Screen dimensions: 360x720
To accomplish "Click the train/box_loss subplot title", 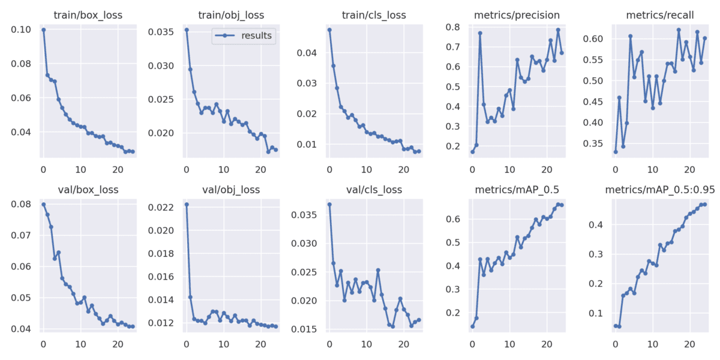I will click(88, 15).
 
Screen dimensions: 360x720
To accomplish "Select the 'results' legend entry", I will click(256, 36).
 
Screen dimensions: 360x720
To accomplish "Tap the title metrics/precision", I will click(517, 15).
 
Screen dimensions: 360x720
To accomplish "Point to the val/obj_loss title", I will click(231, 190).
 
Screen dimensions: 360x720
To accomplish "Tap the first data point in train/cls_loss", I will click(329, 29).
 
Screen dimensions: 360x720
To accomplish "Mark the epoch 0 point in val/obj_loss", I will click(187, 204).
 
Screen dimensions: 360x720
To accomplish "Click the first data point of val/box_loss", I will click(43, 204).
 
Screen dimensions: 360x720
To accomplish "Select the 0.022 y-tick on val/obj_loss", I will click(161, 208).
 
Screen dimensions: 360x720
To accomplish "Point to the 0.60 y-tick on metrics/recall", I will click(592, 39).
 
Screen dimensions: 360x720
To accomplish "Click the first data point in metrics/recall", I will click(616, 152).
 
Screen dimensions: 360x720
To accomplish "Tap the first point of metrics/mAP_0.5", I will click(472, 326).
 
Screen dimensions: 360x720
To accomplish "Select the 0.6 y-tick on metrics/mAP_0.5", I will click(452, 219).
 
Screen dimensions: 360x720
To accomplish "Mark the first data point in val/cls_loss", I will click(329, 204).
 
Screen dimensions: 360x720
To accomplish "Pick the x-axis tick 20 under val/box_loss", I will click(117, 344).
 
